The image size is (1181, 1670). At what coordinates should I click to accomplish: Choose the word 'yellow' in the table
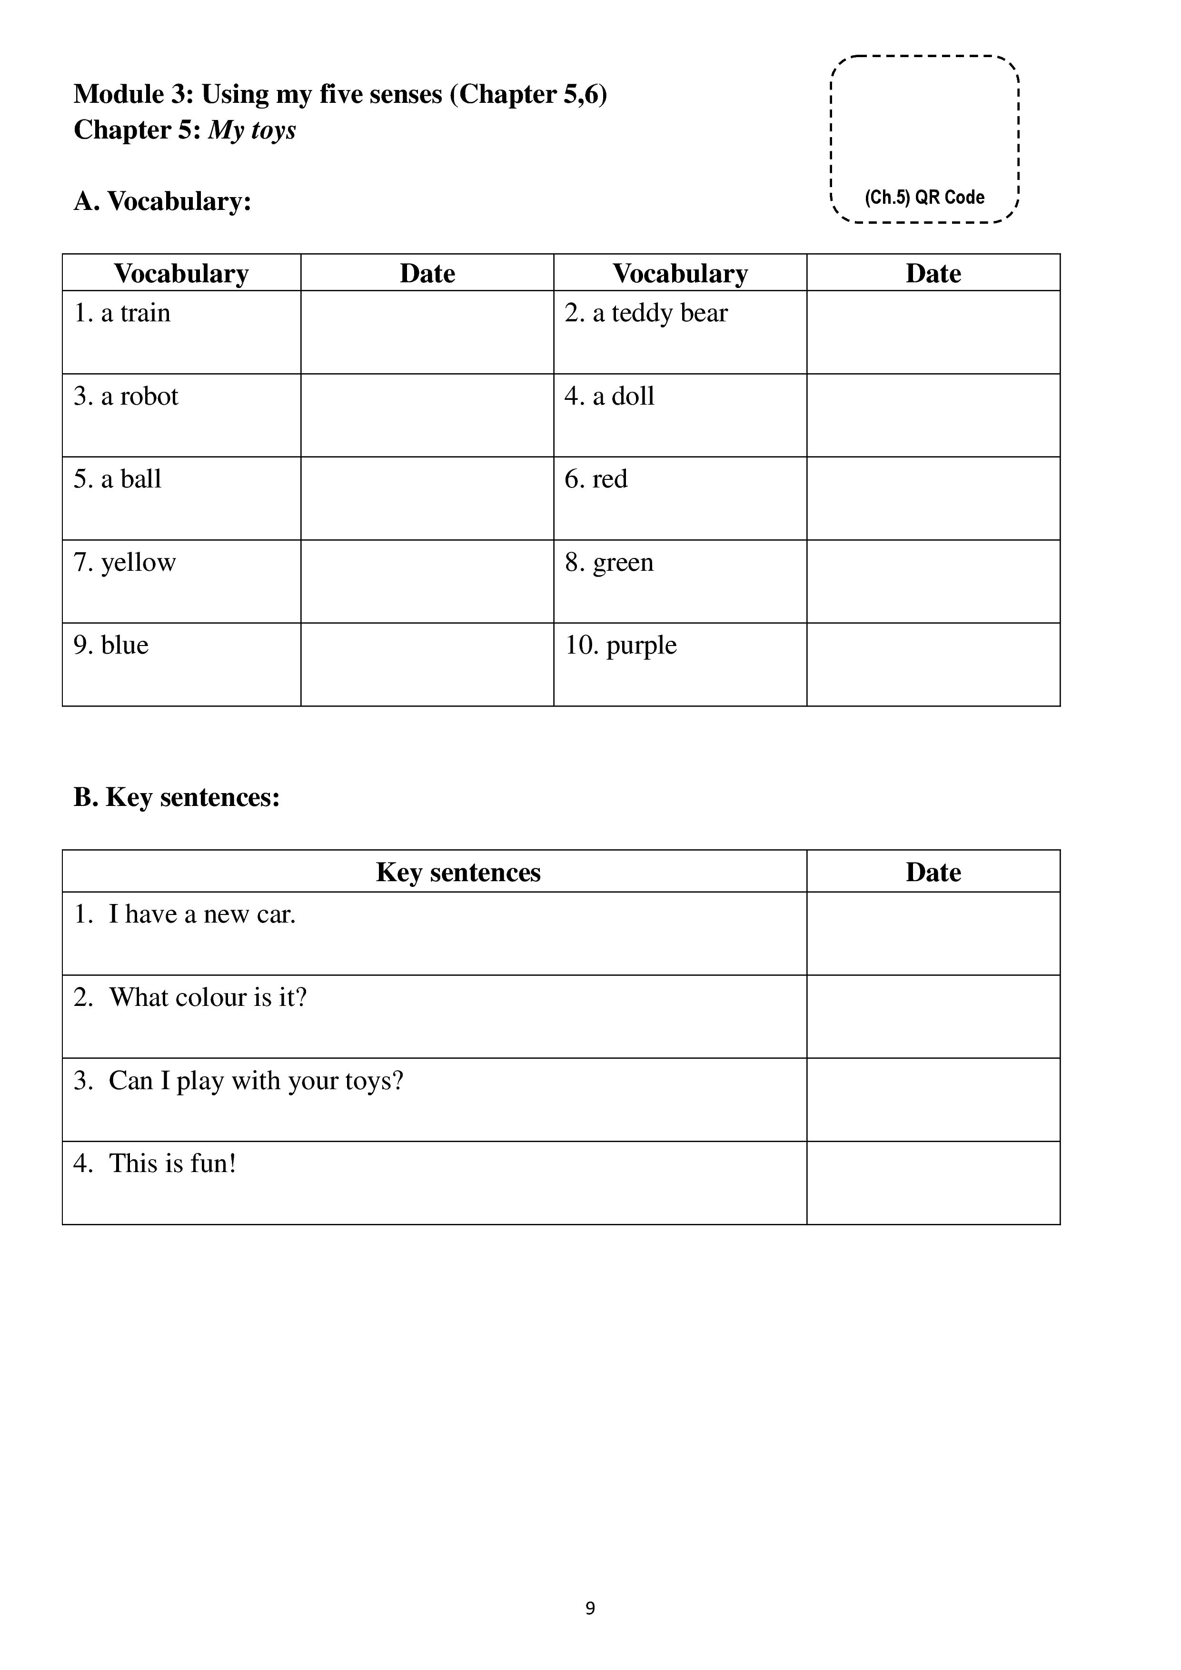138,562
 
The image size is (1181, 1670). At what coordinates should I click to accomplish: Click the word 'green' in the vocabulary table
623,562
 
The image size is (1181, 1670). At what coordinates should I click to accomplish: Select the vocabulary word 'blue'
124,645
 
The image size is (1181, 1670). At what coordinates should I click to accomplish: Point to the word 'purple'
641,645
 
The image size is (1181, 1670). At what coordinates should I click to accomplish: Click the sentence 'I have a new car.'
201,915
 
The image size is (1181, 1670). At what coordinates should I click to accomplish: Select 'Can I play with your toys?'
255,1081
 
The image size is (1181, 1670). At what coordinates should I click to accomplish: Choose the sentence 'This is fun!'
172,1164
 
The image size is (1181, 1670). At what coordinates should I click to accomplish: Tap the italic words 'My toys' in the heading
252,130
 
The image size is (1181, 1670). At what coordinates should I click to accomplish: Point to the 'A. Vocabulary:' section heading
162,201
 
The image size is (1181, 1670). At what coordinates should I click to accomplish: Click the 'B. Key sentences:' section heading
177,798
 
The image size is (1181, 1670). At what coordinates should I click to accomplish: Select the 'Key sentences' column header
458,872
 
